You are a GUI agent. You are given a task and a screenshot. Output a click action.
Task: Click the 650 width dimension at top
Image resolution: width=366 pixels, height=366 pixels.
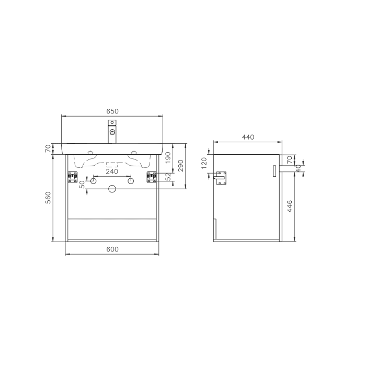click(112, 111)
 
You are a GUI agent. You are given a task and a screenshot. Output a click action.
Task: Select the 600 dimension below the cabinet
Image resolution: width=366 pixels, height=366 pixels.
click(112, 249)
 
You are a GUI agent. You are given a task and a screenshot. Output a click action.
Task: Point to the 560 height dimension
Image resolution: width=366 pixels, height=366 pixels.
click(48, 198)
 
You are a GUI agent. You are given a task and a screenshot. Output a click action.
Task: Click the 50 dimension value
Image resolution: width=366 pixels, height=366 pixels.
click(82, 184)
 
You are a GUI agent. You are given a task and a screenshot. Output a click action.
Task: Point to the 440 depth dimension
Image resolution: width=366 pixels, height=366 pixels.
click(248, 137)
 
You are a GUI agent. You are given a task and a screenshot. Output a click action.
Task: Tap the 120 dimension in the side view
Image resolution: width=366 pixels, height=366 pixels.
click(204, 163)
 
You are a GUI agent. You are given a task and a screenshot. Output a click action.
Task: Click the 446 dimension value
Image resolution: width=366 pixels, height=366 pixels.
click(291, 207)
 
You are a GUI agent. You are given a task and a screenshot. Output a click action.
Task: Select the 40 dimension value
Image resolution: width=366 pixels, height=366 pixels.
click(298, 167)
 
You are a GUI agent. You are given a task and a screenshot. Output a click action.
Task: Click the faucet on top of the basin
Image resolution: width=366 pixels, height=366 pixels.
click(112, 131)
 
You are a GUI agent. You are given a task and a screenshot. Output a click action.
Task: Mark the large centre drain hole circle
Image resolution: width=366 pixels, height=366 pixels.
click(112, 189)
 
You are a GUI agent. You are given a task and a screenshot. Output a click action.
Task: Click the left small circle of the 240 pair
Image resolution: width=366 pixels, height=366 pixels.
click(93, 181)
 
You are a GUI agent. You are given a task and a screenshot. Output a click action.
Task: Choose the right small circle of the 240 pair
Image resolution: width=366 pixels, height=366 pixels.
click(131, 181)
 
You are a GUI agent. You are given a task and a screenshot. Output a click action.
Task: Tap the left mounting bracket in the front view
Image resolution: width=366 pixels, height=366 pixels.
click(71, 177)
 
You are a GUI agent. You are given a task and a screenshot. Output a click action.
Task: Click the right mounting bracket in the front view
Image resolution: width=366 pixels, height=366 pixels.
click(152, 177)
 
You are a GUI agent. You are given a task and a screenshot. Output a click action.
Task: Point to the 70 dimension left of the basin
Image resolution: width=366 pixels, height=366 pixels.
click(48, 148)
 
